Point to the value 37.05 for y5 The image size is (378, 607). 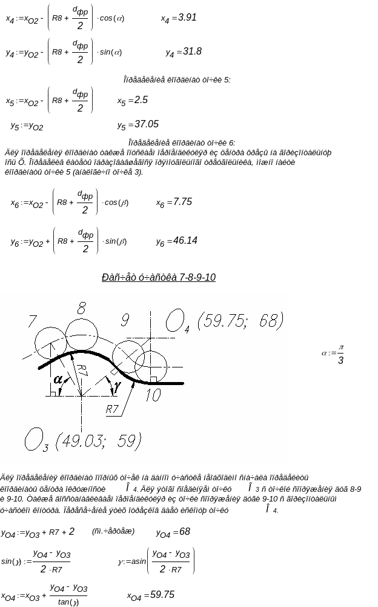coord(147,124)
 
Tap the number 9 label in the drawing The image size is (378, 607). coord(125,320)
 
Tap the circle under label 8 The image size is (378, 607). coord(81,332)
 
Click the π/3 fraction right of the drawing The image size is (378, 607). coord(340,355)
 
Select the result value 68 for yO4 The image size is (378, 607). coord(184,531)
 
